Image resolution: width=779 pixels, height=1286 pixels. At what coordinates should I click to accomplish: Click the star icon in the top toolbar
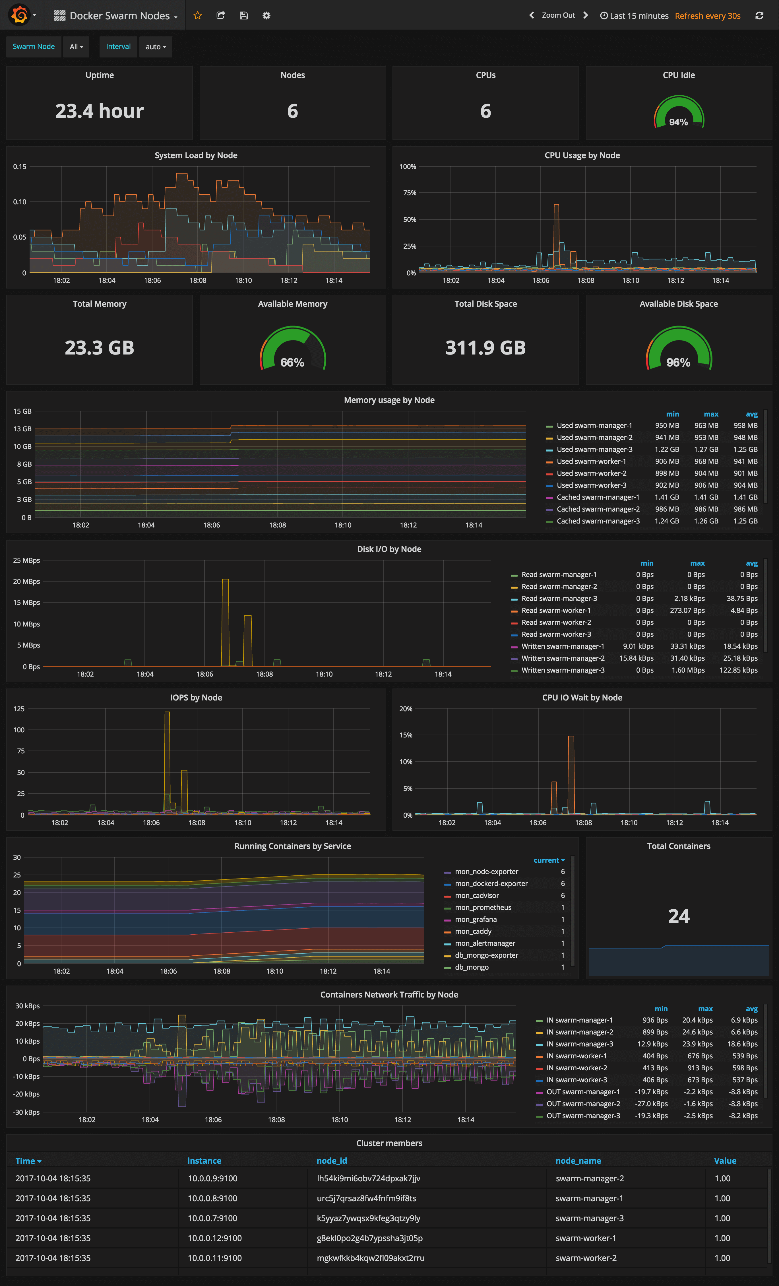[197, 16]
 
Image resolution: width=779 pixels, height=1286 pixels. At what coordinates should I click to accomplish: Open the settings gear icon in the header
[266, 16]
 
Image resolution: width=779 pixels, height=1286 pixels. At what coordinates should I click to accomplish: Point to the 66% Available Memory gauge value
[292, 362]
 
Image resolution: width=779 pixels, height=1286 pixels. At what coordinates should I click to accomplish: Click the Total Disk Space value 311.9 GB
[485, 348]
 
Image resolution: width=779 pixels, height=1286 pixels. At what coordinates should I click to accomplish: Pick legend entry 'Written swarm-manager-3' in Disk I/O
[563, 670]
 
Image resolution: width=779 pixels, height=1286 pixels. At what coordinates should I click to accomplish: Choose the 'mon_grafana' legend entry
[475, 919]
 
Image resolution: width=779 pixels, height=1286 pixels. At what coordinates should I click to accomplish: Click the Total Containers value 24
[678, 916]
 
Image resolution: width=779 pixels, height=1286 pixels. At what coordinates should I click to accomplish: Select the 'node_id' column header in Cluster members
[331, 1161]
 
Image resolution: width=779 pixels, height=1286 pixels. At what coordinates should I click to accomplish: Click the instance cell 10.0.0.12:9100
[214, 1238]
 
